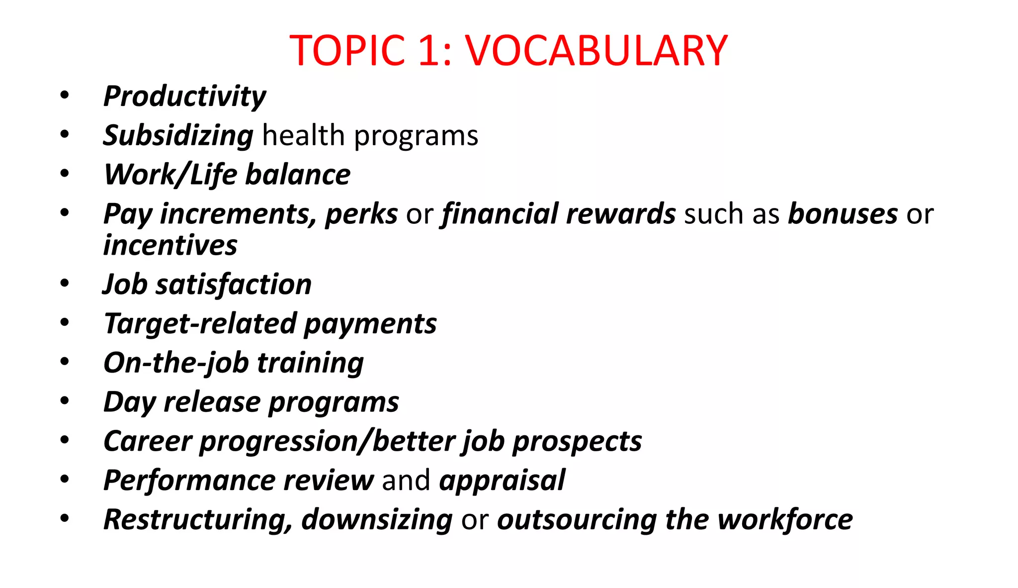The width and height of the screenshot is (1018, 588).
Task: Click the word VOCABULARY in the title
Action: (596, 51)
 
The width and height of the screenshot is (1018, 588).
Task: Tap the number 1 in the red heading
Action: (430, 51)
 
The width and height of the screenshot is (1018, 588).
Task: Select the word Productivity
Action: (184, 96)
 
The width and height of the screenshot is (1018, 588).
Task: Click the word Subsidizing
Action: (178, 135)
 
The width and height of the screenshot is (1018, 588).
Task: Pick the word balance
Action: (298, 175)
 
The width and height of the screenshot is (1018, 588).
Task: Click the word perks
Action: (361, 214)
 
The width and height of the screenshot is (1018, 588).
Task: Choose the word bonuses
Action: (843, 214)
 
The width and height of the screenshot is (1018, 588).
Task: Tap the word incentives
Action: (170, 245)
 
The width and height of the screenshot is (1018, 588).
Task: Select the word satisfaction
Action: (234, 285)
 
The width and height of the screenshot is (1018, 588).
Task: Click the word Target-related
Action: (200, 324)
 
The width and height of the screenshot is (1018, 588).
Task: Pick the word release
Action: (212, 402)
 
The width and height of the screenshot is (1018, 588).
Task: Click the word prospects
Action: (577, 441)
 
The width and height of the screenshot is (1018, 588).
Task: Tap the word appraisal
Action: (502, 481)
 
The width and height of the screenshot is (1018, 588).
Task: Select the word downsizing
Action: (377, 520)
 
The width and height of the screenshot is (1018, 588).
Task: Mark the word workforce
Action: (785, 520)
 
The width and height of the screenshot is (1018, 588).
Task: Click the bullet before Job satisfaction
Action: (65, 284)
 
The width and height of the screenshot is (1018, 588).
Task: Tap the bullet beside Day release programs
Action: (65, 401)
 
